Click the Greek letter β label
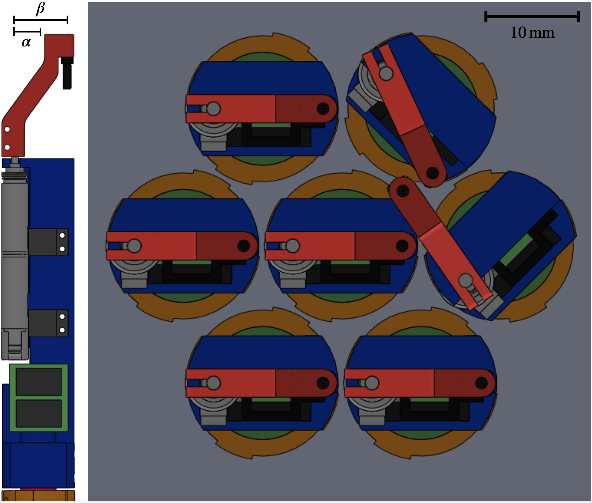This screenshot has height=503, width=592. (40, 8)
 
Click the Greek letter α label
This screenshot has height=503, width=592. (26, 42)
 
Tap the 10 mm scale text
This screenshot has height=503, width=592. (532, 32)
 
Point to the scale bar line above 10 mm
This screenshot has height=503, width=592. (532, 16)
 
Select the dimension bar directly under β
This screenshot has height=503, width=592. (41, 20)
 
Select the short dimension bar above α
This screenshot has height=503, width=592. (27, 32)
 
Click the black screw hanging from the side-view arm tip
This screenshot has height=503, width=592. (67, 73)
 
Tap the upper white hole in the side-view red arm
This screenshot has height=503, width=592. (7, 130)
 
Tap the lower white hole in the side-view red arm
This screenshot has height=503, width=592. (7, 147)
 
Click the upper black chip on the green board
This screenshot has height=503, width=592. (39, 381)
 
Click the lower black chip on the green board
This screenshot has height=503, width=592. (39, 413)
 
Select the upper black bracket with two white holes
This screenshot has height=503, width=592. (48, 242)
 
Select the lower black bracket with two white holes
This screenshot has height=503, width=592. (48, 323)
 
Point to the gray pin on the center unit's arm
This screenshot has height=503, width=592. (292, 246)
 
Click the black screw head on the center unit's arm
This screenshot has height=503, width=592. (402, 246)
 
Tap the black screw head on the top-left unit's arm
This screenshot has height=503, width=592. (323, 109)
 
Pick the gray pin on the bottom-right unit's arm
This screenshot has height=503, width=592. (372, 383)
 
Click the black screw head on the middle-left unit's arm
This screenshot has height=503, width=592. (243, 246)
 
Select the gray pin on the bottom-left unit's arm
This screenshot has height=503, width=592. (213, 383)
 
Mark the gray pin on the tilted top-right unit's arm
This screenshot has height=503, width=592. (386, 73)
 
